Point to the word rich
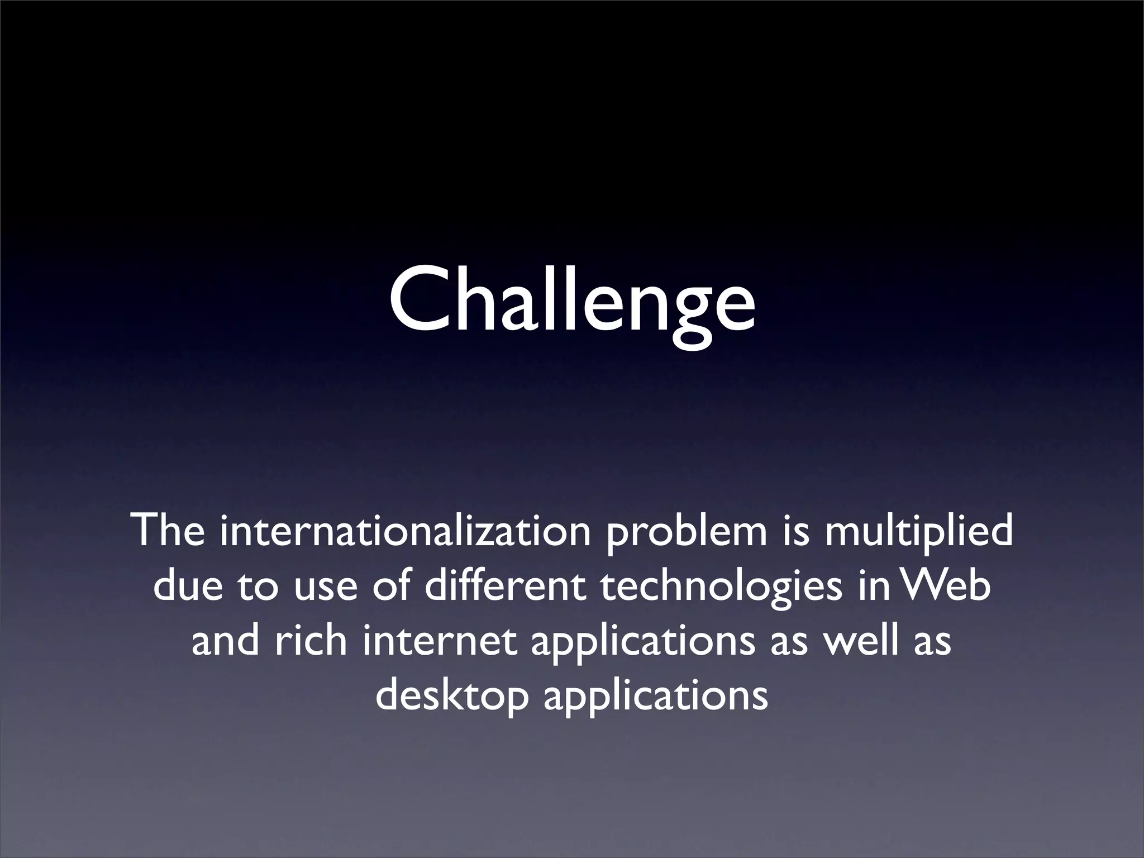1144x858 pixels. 310,641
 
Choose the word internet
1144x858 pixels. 439,641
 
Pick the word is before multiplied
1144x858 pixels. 796,531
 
